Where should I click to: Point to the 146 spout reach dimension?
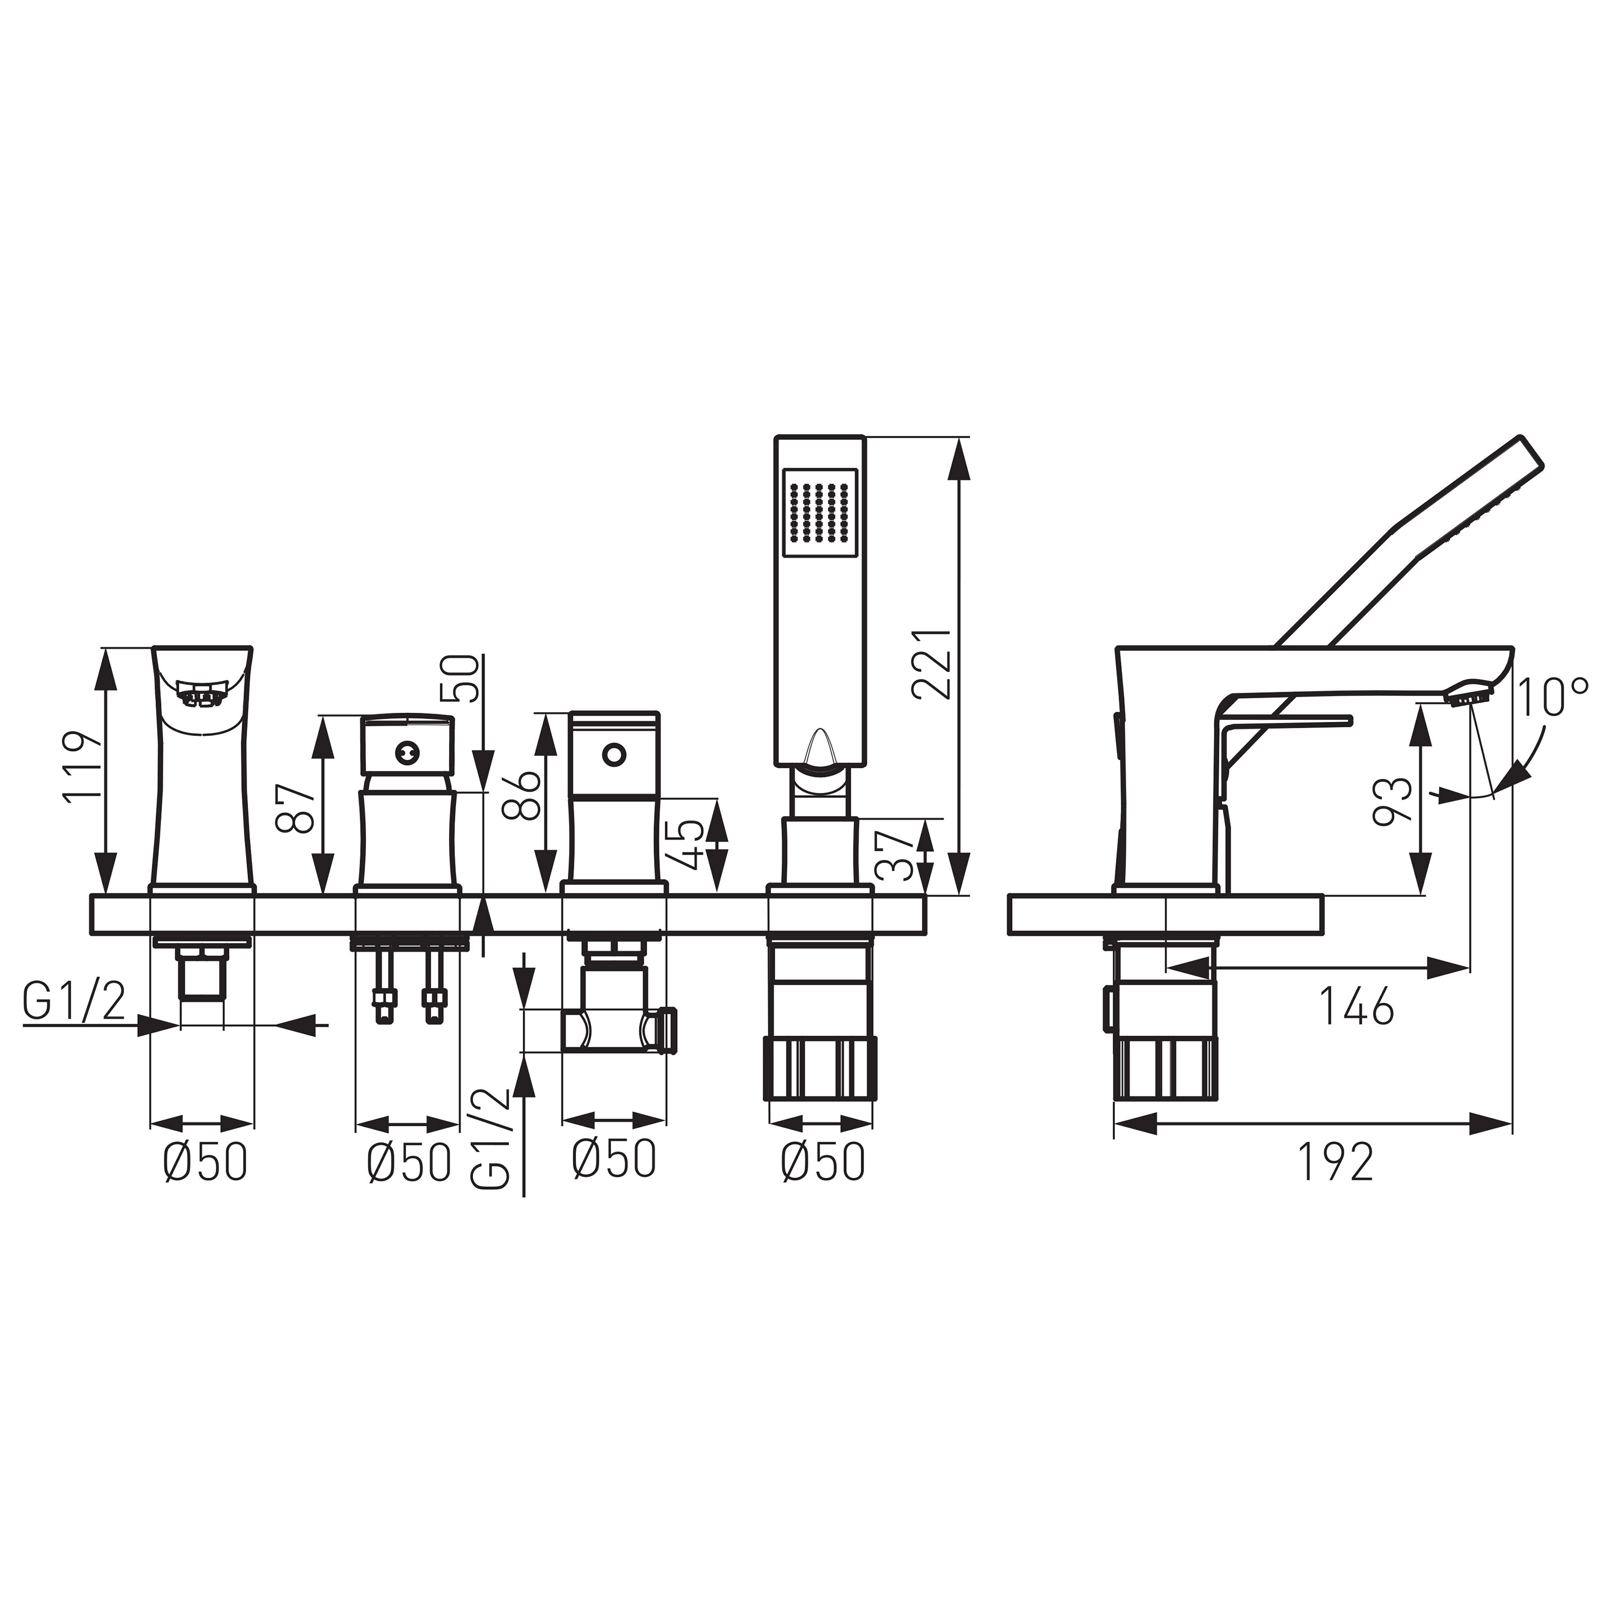[x=1356, y=1006]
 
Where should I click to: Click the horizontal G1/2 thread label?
[x=74, y=1002]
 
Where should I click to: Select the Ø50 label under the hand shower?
[x=823, y=1162]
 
